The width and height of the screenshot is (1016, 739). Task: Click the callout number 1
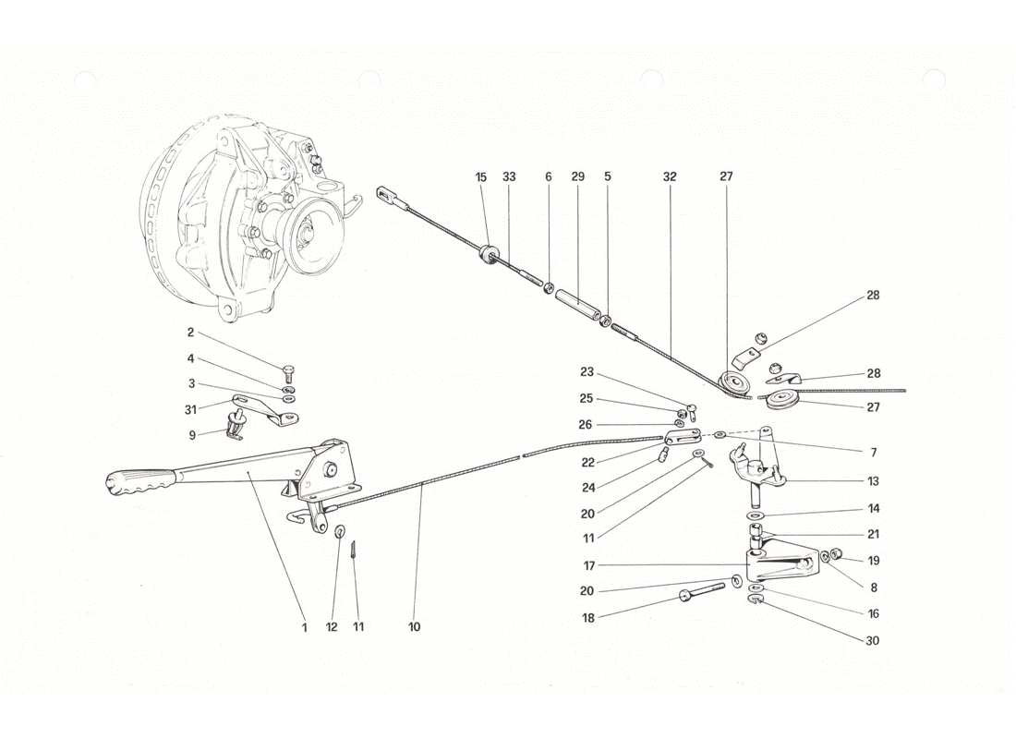coord(303,627)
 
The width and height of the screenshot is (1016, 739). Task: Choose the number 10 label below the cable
coord(414,627)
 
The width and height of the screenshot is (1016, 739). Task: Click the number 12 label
coord(332,627)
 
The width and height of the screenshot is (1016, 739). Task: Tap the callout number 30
coord(873,639)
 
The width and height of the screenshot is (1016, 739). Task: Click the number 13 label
coord(873,481)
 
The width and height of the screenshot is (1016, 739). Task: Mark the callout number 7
coord(873,453)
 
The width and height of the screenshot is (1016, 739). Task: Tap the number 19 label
coord(873,560)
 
